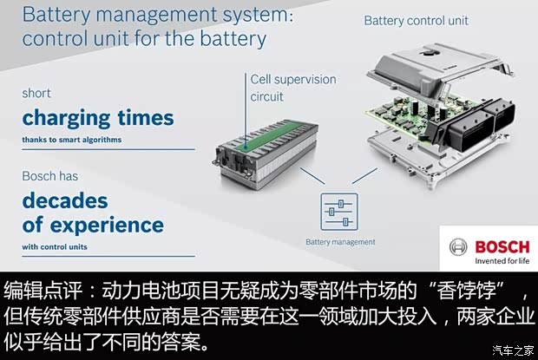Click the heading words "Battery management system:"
pos(148,15)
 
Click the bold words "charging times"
pos(98,117)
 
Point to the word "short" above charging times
pos(36,93)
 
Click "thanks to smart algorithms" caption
pos(72,140)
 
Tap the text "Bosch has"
pos(50,176)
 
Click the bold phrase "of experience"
pos(93,225)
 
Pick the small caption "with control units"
pos(56,246)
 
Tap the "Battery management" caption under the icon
pos(340,242)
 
